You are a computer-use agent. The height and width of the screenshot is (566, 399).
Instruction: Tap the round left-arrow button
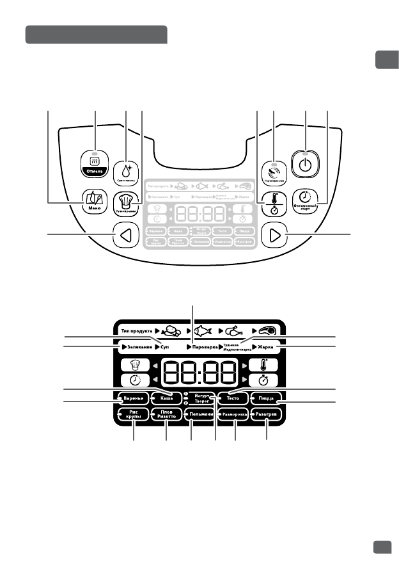click(126, 236)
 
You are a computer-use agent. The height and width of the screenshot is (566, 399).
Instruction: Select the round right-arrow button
click(275, 236)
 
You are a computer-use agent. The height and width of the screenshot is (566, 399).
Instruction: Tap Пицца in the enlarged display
click(267, 398)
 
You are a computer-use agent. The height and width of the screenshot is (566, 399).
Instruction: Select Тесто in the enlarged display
click(233, 398)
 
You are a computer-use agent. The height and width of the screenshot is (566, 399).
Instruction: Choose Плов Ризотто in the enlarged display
click(166, 415)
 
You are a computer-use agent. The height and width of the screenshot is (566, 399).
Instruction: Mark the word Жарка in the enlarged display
click(267, 346)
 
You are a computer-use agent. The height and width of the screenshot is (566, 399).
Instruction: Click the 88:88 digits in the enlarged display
click(200, 373)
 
